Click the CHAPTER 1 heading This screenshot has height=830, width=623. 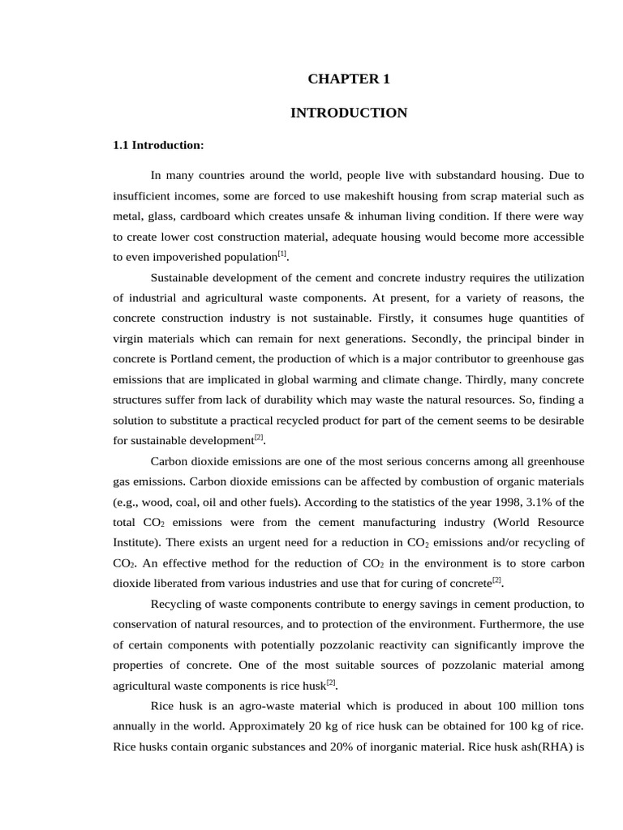(x=349, y=79)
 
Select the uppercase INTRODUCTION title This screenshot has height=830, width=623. (x=349, y=113)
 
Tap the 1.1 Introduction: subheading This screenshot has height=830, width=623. (x=158, y=146)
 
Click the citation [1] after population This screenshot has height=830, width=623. (x=282, y=255)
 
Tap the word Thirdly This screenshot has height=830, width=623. (x=449, y=379)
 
